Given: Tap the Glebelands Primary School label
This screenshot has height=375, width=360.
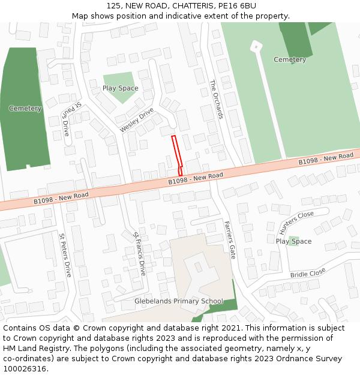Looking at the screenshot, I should tap(179, 301).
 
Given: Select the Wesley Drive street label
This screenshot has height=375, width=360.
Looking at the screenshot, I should tap(137, 120).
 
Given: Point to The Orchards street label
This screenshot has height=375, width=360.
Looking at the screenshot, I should tap(217, 100).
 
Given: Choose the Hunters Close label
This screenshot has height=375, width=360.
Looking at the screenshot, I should tap(296, 222).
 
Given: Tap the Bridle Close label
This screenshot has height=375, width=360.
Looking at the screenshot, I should tap(308, 273).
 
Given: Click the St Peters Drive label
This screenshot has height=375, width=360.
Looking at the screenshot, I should tap(65, 255).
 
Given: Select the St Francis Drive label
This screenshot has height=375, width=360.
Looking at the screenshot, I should tap(139, 253).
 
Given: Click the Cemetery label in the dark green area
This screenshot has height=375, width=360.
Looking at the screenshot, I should tap(25, 109).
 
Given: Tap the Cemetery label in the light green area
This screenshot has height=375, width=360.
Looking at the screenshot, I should tap(290, 59).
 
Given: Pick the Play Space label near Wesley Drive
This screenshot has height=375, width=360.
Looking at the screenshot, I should tap(120, 88).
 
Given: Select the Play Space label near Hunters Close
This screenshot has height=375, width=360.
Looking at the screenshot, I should tap(293, 241).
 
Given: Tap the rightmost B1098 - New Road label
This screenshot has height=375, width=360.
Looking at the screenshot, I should tap(326, 159).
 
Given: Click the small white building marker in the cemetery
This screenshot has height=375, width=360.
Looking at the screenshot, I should tap(256, 46).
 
